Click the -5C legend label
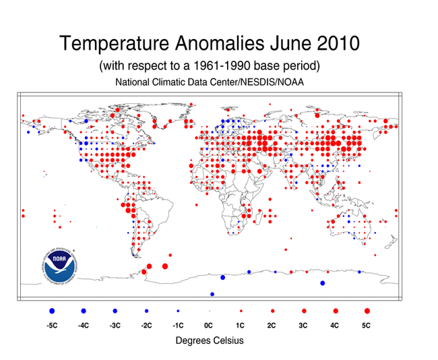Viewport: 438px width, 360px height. pos(52,326)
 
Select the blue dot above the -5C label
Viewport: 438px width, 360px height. pos(52,311)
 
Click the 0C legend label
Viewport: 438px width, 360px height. pos(209,326)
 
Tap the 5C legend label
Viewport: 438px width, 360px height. pos(367,326)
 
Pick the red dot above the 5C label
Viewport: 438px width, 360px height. pos(367,311)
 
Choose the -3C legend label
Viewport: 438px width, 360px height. pos(115,326)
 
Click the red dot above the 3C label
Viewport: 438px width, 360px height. pos(304,311)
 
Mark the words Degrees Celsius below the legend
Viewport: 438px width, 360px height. pos(210,340)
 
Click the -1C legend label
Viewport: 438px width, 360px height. pos(178,326)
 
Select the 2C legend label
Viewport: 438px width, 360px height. pos(272,326)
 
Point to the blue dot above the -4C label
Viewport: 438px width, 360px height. pos(84,311)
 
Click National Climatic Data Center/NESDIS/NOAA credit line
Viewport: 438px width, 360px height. pos(210,82)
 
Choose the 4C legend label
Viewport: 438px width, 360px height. pos(336,326)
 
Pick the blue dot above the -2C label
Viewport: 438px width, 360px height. pos(146,311)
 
